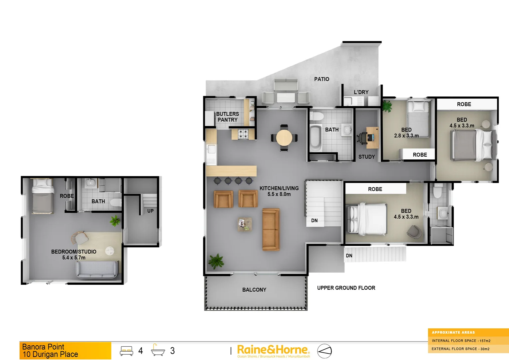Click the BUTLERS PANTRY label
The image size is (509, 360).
228,117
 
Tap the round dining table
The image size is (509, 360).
284,137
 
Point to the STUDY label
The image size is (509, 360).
366,157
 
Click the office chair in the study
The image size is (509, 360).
362,137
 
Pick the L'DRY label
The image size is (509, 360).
361,92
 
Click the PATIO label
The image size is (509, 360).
321,79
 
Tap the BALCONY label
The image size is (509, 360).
254,290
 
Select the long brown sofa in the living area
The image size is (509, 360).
271,229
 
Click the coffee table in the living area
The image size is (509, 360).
245,224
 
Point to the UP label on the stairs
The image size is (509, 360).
150,211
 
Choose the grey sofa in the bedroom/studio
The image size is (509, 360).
97,269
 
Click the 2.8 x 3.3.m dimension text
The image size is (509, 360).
406,136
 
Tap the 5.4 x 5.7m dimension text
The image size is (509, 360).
74,258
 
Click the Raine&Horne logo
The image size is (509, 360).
273,350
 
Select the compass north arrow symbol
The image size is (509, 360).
324,351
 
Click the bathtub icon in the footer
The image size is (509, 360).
158,350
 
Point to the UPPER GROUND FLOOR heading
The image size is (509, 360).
346,288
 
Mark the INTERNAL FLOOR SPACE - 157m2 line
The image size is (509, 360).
461,341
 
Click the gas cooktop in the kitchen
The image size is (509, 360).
243,134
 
